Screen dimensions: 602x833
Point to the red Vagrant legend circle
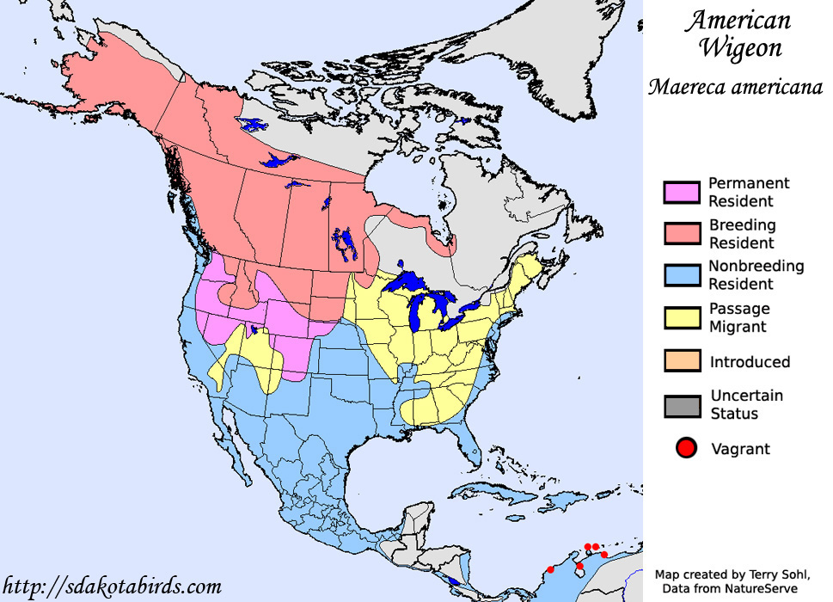pos(686,447)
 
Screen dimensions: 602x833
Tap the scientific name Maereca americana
pos(735,87)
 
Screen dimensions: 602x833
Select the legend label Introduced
pos(750,362)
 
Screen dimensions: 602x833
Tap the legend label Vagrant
pos(740,449)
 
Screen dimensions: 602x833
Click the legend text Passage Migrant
pos(738,317)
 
